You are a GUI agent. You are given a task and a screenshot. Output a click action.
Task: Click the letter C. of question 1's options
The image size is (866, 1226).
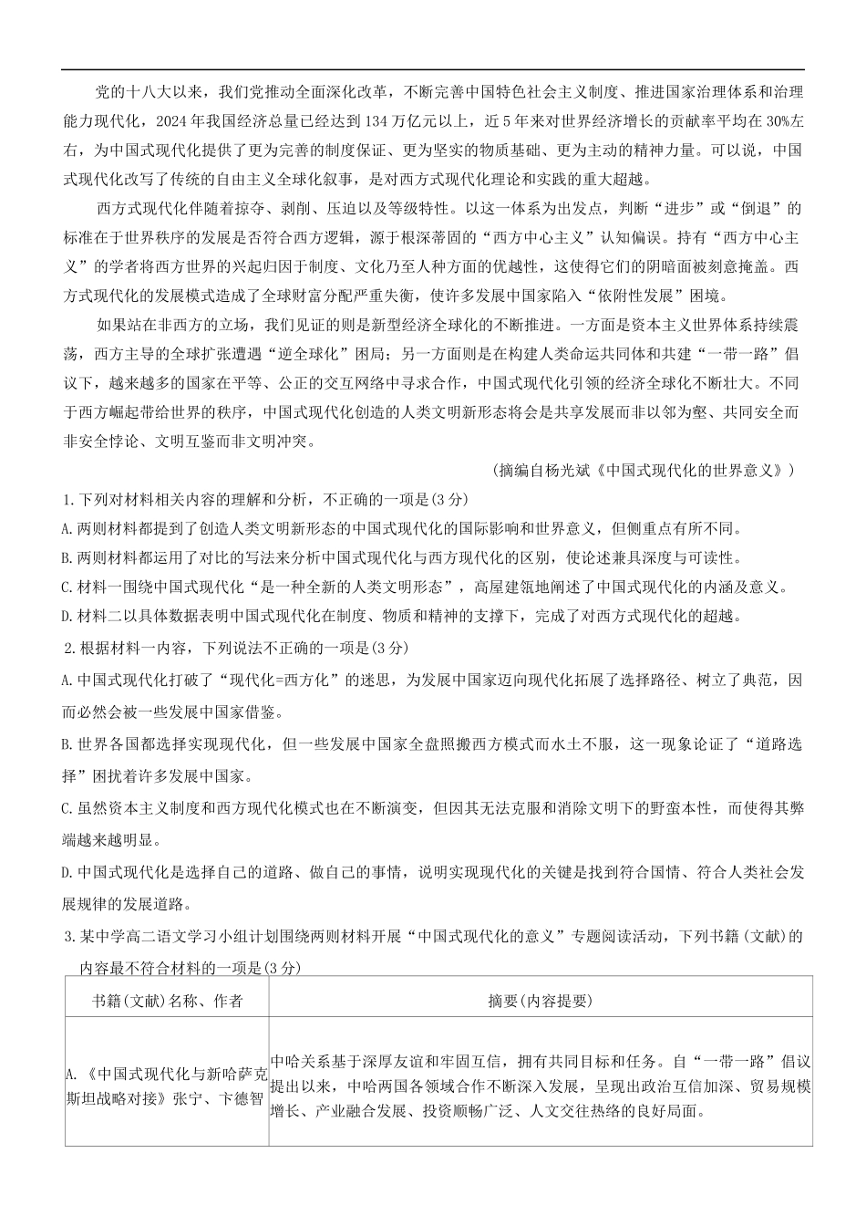click(67, 587)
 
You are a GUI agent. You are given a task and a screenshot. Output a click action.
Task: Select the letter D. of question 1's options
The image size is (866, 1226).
click(67, 616)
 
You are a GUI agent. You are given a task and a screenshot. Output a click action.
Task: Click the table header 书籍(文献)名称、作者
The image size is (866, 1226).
click(168, 1001)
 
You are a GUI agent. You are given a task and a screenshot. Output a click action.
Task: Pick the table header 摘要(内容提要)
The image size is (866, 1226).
click(541, 1001)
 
